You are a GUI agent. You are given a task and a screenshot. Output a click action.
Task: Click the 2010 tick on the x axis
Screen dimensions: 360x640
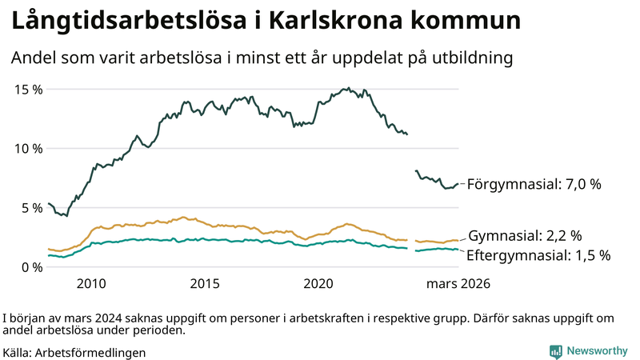coord(91,283)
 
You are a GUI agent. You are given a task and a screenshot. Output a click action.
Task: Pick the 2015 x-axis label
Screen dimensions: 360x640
coord(206,283)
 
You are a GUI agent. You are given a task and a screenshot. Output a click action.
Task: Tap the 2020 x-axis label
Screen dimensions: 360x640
coord(320,283)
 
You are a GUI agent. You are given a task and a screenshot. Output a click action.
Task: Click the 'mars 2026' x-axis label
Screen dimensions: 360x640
coord(458,283)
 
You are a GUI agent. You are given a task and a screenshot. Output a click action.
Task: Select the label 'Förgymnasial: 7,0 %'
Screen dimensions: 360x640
coord(534,184)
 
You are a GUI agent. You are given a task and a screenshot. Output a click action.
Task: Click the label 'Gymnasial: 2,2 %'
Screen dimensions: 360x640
coord(524,236)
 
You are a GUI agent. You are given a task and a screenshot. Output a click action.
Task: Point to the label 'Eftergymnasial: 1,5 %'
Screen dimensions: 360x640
coord(539,255)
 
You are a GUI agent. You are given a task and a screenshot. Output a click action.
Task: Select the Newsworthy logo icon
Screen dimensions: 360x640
coord(555,351)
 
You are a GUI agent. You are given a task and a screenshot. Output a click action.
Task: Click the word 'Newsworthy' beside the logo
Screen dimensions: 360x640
coord(596,351)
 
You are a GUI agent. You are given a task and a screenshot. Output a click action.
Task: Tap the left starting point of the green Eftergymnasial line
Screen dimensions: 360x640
coord(49,255)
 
